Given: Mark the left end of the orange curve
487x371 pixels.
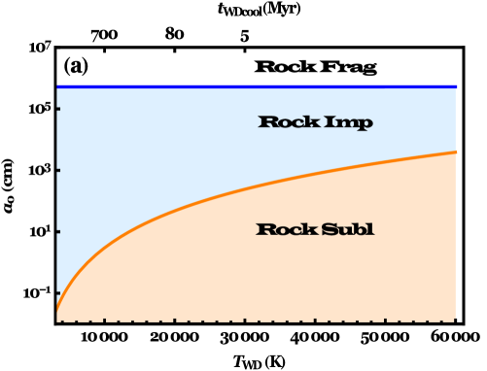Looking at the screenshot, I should (x=57, y=311).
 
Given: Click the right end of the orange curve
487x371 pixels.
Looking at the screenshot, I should (x=455, y=152).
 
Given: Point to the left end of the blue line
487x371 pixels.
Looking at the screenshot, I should (x=57, y=86).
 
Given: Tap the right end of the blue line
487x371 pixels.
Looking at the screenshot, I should (x=455, y=86).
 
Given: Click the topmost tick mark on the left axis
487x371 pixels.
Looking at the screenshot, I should (x=58, y=109).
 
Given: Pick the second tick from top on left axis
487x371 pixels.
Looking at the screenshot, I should (x=58, y=170).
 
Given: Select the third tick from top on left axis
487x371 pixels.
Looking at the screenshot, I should (x=58, y=231).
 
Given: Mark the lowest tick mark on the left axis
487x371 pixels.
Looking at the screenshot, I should (x=58, y=292).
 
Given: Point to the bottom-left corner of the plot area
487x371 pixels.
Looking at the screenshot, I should (x=57, y=320).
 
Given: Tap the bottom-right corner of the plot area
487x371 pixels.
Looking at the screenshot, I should (x=455, y=320).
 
